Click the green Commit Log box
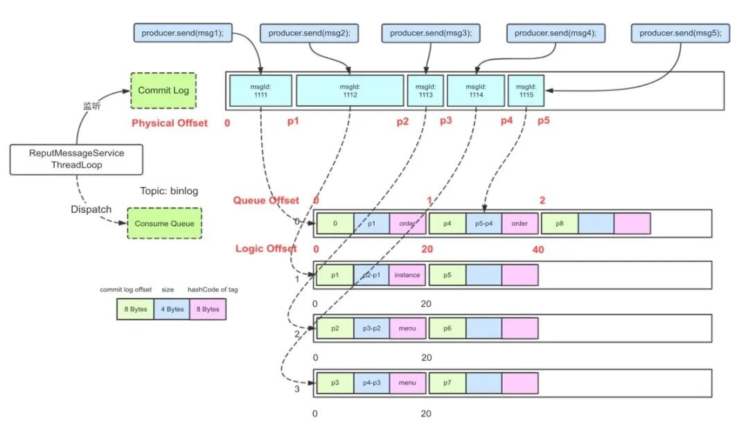click(163, 91)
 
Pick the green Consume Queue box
click(164, 224)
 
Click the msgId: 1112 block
click(350, 91)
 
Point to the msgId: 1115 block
click(526, 91)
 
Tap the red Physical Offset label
click(170, 123)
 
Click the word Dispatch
click(91, 209)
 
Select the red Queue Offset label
click(266, 201)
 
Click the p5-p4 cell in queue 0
click(483, 223)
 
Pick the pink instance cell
click(407, 275)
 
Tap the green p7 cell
click(447, 382)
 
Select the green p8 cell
click(559, 223)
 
